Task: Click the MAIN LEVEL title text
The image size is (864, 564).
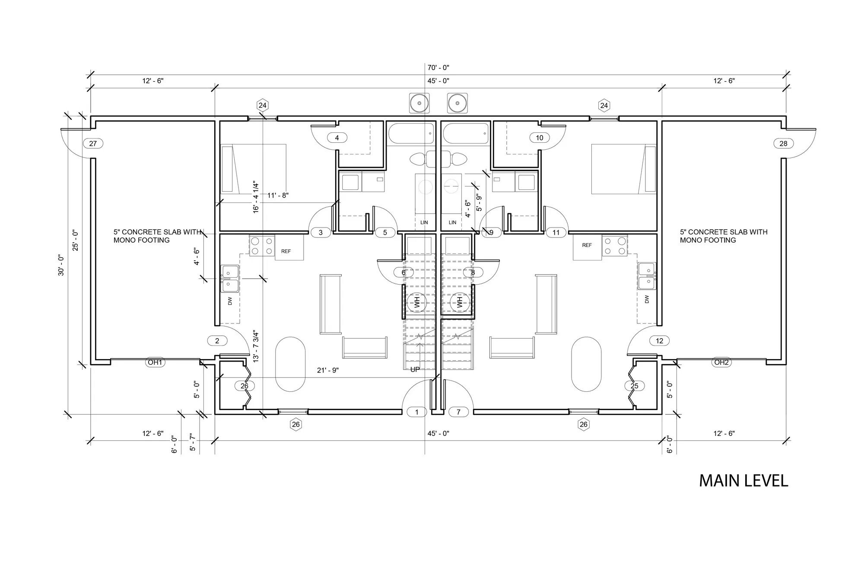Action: click(x=743, y=481)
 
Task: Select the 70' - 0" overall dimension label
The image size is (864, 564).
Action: click(x=438, y=67)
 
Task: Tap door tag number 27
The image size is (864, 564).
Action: click(x=93, y=144)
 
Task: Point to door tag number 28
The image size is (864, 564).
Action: click(x=783, y=144)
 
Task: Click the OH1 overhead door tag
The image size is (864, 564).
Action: click(x=155, y=362)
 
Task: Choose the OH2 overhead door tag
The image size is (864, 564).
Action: click(x=721, y=362)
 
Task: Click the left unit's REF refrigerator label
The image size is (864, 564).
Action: click(x=286, y=251)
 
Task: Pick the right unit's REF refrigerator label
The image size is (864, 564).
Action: click(x=587, y=245)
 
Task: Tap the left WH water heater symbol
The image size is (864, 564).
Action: click(x=417, y=301)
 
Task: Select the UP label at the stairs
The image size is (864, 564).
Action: click(x=415, y=369)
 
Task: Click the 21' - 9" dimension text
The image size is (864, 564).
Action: click(x=328, y=370)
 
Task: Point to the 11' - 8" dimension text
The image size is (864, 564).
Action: click(x=278, y=195)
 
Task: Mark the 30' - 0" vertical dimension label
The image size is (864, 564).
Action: click(x=61, y=266)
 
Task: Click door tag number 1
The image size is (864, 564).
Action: click(x=417, y=412)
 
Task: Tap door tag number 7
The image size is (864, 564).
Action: click(x=459, y=412)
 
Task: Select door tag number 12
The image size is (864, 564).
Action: click(x=659, y=341)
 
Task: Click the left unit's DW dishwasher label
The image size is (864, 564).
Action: click(x=230, y=301)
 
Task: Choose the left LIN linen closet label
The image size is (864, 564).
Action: click(x=424, y=222)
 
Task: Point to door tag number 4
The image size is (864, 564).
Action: click(x=337, y=138)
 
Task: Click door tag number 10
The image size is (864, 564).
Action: click(x=540, y=138)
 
